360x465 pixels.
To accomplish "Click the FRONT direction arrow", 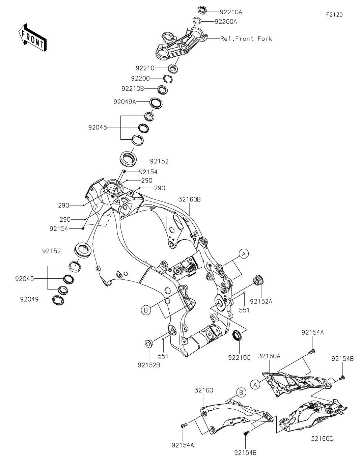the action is click(32, 37).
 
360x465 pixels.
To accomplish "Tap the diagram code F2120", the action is click(334, 15).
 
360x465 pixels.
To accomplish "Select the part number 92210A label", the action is click(231, 12).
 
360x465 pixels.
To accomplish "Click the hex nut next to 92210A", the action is click(202, 10).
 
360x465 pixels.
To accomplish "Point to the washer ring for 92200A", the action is click(197, 21).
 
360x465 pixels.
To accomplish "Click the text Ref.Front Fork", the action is click(246, 39).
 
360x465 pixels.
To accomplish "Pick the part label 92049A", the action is click(125, 102).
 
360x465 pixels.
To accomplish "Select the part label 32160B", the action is click(190, 199).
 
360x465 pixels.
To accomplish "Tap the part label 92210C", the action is click(239, 358).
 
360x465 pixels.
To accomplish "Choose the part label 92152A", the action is click(261, 302).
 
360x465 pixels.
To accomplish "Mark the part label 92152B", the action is click(149, 365).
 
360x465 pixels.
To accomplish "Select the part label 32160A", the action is click(269, 356).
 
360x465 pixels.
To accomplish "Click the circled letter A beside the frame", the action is click(244, 254).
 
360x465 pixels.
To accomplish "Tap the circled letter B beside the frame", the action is click(146, 310).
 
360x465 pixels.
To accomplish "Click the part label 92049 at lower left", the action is click(29, 299).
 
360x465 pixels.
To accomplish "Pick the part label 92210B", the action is click(133, 89).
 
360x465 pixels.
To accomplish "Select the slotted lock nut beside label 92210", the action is click(173, 68).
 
